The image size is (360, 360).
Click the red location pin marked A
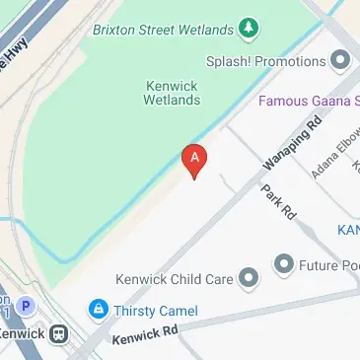pos(196,161)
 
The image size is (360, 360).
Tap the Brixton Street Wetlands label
pos(163,30)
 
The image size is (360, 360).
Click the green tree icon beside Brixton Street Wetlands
pos(250,30)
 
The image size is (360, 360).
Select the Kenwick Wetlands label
pos(173,93)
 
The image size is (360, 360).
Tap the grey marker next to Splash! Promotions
pos(341,61)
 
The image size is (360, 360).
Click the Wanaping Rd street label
pos(293,146)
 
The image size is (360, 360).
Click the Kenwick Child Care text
pos(176,279)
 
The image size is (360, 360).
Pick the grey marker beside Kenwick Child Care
pos(250,278)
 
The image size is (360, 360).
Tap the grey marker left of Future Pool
pos(285,263)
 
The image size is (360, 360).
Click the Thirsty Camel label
pos(157,311)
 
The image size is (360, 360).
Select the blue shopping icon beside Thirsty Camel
pos(99,310)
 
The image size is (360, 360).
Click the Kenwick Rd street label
pos(144,335)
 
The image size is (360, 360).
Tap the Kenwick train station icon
pos(60,333)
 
